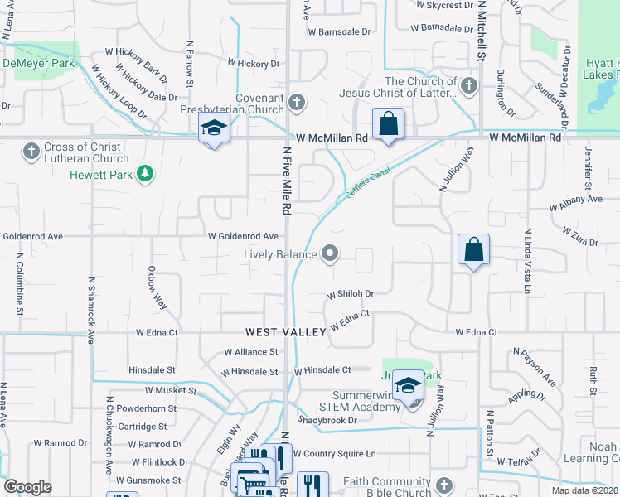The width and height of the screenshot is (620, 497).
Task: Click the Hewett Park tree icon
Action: pos(146,173)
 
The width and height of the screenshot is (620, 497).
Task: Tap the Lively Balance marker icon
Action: pos(331,254)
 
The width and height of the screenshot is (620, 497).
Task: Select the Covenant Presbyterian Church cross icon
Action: pos(296,104)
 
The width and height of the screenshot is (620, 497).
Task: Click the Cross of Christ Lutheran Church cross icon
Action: pos(31,150)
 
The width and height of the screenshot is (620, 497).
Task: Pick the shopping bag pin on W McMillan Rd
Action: pos(388,125)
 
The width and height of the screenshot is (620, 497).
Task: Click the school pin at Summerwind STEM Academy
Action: pos(408,386)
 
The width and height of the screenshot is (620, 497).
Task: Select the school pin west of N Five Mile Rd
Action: pos(214,129)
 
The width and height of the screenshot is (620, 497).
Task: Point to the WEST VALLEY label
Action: pos(285,332)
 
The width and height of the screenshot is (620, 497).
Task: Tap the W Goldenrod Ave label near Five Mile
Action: pos(243,235)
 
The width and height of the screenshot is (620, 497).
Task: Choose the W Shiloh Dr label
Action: pos(351,294)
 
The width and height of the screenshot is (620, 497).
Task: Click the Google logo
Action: pos(27,487)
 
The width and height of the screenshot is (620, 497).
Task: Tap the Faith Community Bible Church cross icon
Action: pos(443,485)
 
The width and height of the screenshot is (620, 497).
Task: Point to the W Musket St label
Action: pos(170,390)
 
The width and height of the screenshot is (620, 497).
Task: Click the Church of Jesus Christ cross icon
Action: pos(468,85)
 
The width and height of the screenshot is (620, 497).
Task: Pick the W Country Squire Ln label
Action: pos(334,454)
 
